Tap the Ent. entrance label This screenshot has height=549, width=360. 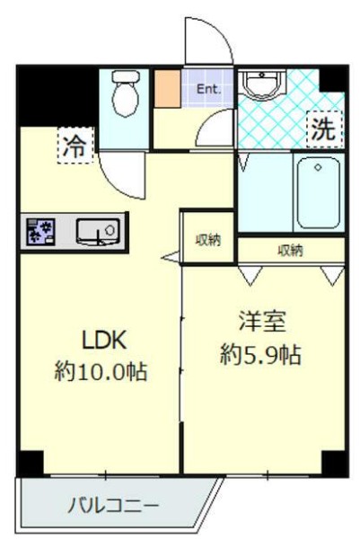pyautogui.click(x=209, y=88)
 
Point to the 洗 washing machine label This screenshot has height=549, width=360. pyautogui.click(x=323, y=128)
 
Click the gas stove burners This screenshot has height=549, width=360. pyautogui.click(x=40, y=232)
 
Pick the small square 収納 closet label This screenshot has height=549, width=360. pyautogui.click(x=208, y=240)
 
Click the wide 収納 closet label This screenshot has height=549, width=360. pyautogui.click(x=289, y=251)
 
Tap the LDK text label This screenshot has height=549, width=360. pyautogui.click(x=107, y=340)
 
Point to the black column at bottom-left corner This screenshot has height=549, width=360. pyautogui.click(x=31, y=462)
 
